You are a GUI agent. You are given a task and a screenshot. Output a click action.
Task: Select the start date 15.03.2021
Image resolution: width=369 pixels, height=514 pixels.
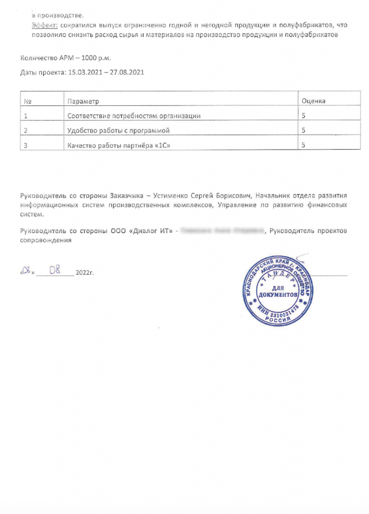coord(82,72)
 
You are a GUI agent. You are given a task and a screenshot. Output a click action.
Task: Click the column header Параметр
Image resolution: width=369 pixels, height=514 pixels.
coord(83,101)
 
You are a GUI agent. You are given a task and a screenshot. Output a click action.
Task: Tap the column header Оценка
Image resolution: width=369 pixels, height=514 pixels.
coord(313,101)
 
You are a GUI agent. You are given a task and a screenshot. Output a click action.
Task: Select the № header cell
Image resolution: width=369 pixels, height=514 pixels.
coord(28,101)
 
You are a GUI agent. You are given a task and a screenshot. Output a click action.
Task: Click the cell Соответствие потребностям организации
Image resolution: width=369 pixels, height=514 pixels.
coord(134,116)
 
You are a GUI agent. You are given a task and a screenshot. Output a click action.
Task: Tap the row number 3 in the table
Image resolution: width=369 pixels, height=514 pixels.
coord(26,146)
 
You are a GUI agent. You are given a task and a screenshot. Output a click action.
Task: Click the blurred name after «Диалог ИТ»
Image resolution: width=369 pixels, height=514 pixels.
coord(222,231)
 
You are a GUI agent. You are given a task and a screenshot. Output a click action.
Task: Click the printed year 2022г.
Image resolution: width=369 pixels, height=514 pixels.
coord(85,273)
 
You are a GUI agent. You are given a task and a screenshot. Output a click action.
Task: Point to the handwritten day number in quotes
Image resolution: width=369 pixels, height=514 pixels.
coord(28,272)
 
